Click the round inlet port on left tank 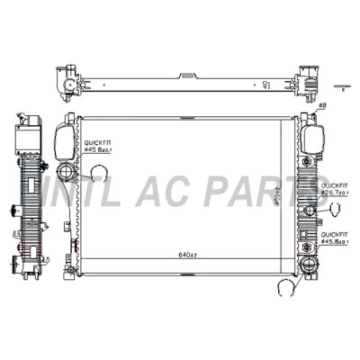pyautogui.click(x=68, y=173)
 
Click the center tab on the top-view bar pyautogui.click(x=186, y=78)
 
